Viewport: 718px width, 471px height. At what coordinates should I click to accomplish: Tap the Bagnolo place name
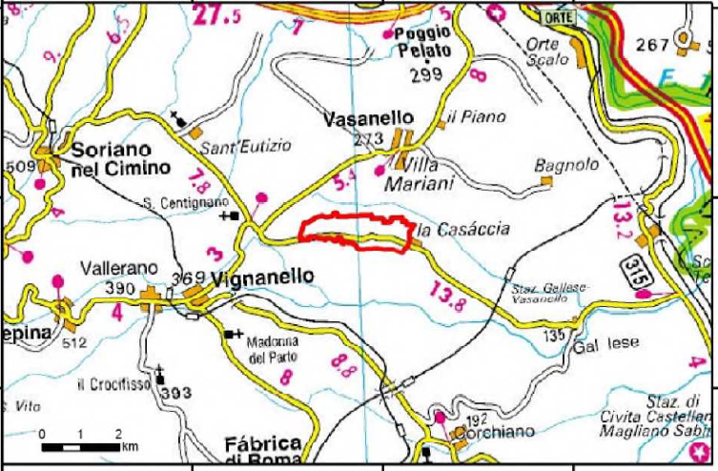pos(565,164)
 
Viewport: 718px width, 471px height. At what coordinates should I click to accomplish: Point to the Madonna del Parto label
pos(272,349)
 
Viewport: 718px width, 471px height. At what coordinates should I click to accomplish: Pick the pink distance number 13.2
pos(623,221)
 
